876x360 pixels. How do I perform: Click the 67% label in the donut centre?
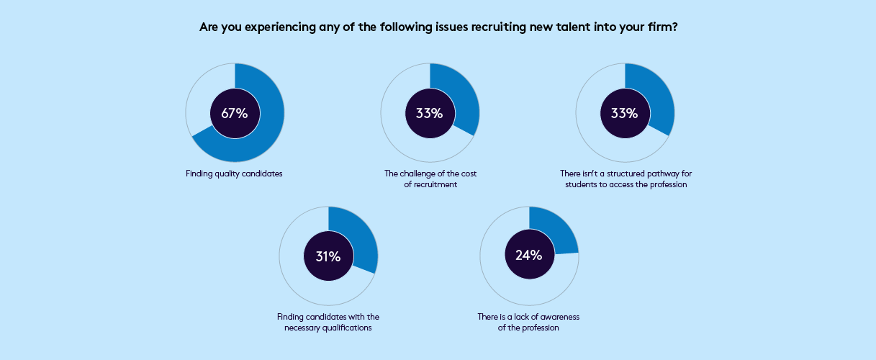pos(235,113)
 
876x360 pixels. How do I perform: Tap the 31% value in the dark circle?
pos(328,256)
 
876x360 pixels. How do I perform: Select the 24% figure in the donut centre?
pos(529,255)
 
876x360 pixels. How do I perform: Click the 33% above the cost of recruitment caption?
pos(430,113)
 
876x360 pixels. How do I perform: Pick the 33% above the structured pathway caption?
pos(625,113)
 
